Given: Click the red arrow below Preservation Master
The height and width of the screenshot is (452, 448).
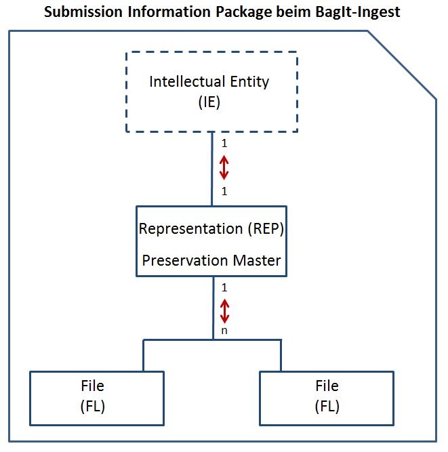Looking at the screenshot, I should (x=224, y=311).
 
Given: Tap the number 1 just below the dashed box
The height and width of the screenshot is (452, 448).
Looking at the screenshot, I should (x=224, y=144).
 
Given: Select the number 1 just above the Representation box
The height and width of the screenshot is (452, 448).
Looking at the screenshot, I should (x=224, y=192).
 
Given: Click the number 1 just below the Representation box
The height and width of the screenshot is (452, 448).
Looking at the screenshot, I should (x=224, y=288).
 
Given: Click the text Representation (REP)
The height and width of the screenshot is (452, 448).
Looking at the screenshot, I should (x=211, y=228).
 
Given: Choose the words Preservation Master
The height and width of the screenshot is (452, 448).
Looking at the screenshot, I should (x=211, y=260).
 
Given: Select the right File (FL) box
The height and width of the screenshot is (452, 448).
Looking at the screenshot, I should (x=327, y=396).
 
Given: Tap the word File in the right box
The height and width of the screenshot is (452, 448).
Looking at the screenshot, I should (x=327, y=386).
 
